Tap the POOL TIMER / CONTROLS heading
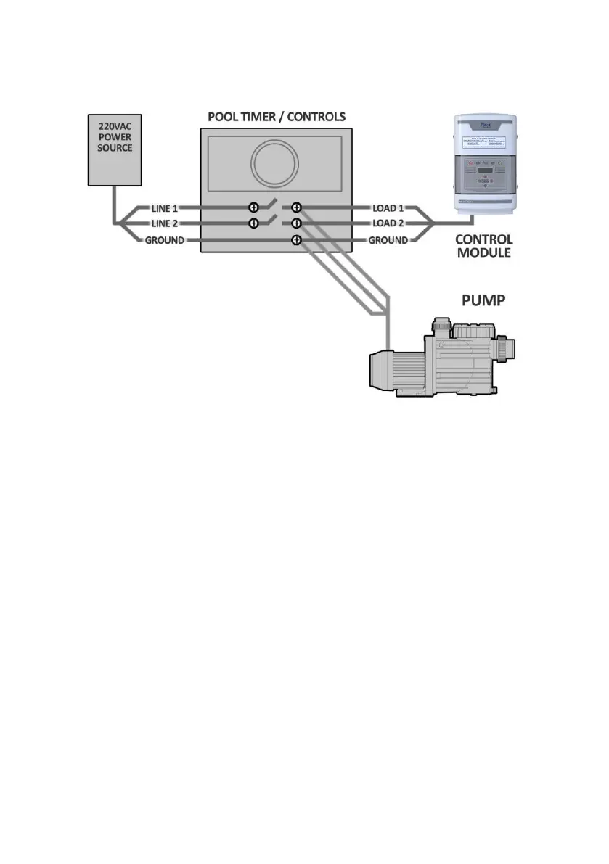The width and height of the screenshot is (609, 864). pyautogui.click(x=276, y=117)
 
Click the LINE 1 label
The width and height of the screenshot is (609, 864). pyautogui.click(x=165, y=208)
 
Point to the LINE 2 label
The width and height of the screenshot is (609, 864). pyautogui.click(x=165, y=223)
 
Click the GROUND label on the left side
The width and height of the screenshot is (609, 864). pyautogui.click(x=164, y=240)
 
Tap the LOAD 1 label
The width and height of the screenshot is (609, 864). pyautogui.click(x=389, y=208)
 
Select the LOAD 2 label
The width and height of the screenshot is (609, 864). pyautogui.click(x=389, y=223)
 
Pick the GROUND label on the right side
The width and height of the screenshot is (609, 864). pyautogui.click(x=388, y=240)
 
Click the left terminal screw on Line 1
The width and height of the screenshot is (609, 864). pyautogui.click(x=254, y=207)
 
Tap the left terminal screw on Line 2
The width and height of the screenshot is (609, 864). pyautogui.click(x=254, y=223)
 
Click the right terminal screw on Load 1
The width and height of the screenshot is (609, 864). pyautogui.click(x=296, y=207)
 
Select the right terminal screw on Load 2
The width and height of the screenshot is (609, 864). pyautogui.click(x=296, y=223)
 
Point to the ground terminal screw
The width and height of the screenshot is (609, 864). pyautogui.click(x=296, y=240)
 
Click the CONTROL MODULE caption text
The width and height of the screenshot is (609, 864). pyautogui.click(x=483, y=246)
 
